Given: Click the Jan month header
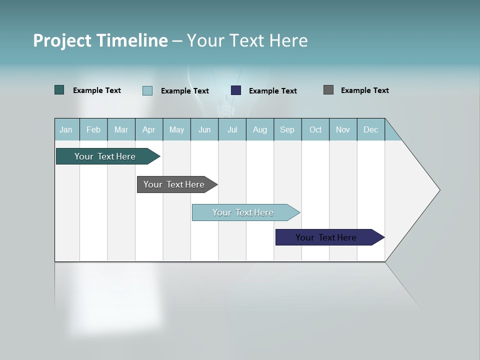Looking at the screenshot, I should tap(66, 129).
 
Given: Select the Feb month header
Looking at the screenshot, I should tap(93, 129).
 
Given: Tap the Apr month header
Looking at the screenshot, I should tap(149, 129).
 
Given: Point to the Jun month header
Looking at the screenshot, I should tap(204, 129).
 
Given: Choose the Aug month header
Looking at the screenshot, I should tap(260, 129).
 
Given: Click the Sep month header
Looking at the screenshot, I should tap(287, 129).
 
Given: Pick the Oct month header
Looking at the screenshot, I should tap(315, 129).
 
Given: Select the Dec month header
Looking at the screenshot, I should tap(371, 129).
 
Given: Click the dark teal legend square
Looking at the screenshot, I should tap(59, 90).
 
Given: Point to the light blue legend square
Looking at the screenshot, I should tap(147, 90).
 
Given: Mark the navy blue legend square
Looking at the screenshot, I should tap(236, 90).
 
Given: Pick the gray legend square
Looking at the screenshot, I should tap(328, 90).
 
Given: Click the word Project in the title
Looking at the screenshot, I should tap(61, 40).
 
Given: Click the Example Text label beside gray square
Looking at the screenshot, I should tap(364, 90).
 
